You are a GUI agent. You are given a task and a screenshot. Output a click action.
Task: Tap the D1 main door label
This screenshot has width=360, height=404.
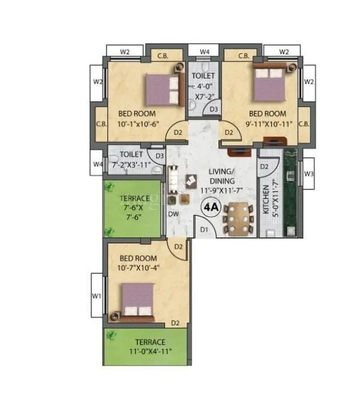click(204, 230)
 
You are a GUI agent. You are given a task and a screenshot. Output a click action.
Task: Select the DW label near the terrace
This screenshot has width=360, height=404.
click(173, 213)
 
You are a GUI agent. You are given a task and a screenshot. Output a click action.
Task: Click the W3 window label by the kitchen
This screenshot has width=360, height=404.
click(308, 174)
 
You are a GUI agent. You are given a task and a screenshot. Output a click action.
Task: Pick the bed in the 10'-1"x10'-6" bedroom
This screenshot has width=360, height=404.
click(165, 90)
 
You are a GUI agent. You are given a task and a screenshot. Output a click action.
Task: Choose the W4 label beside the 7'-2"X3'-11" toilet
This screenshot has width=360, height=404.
click(97, 163)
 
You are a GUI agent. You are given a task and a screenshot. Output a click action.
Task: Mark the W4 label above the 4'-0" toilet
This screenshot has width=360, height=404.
click(205, 52)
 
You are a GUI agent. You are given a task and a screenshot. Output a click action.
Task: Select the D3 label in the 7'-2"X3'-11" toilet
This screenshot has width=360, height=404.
click(159, 156)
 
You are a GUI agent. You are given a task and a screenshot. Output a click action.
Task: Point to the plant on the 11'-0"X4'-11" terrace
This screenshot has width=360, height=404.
click(110, 336)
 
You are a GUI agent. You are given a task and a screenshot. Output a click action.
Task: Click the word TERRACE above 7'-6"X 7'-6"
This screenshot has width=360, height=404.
click(134, 198)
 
